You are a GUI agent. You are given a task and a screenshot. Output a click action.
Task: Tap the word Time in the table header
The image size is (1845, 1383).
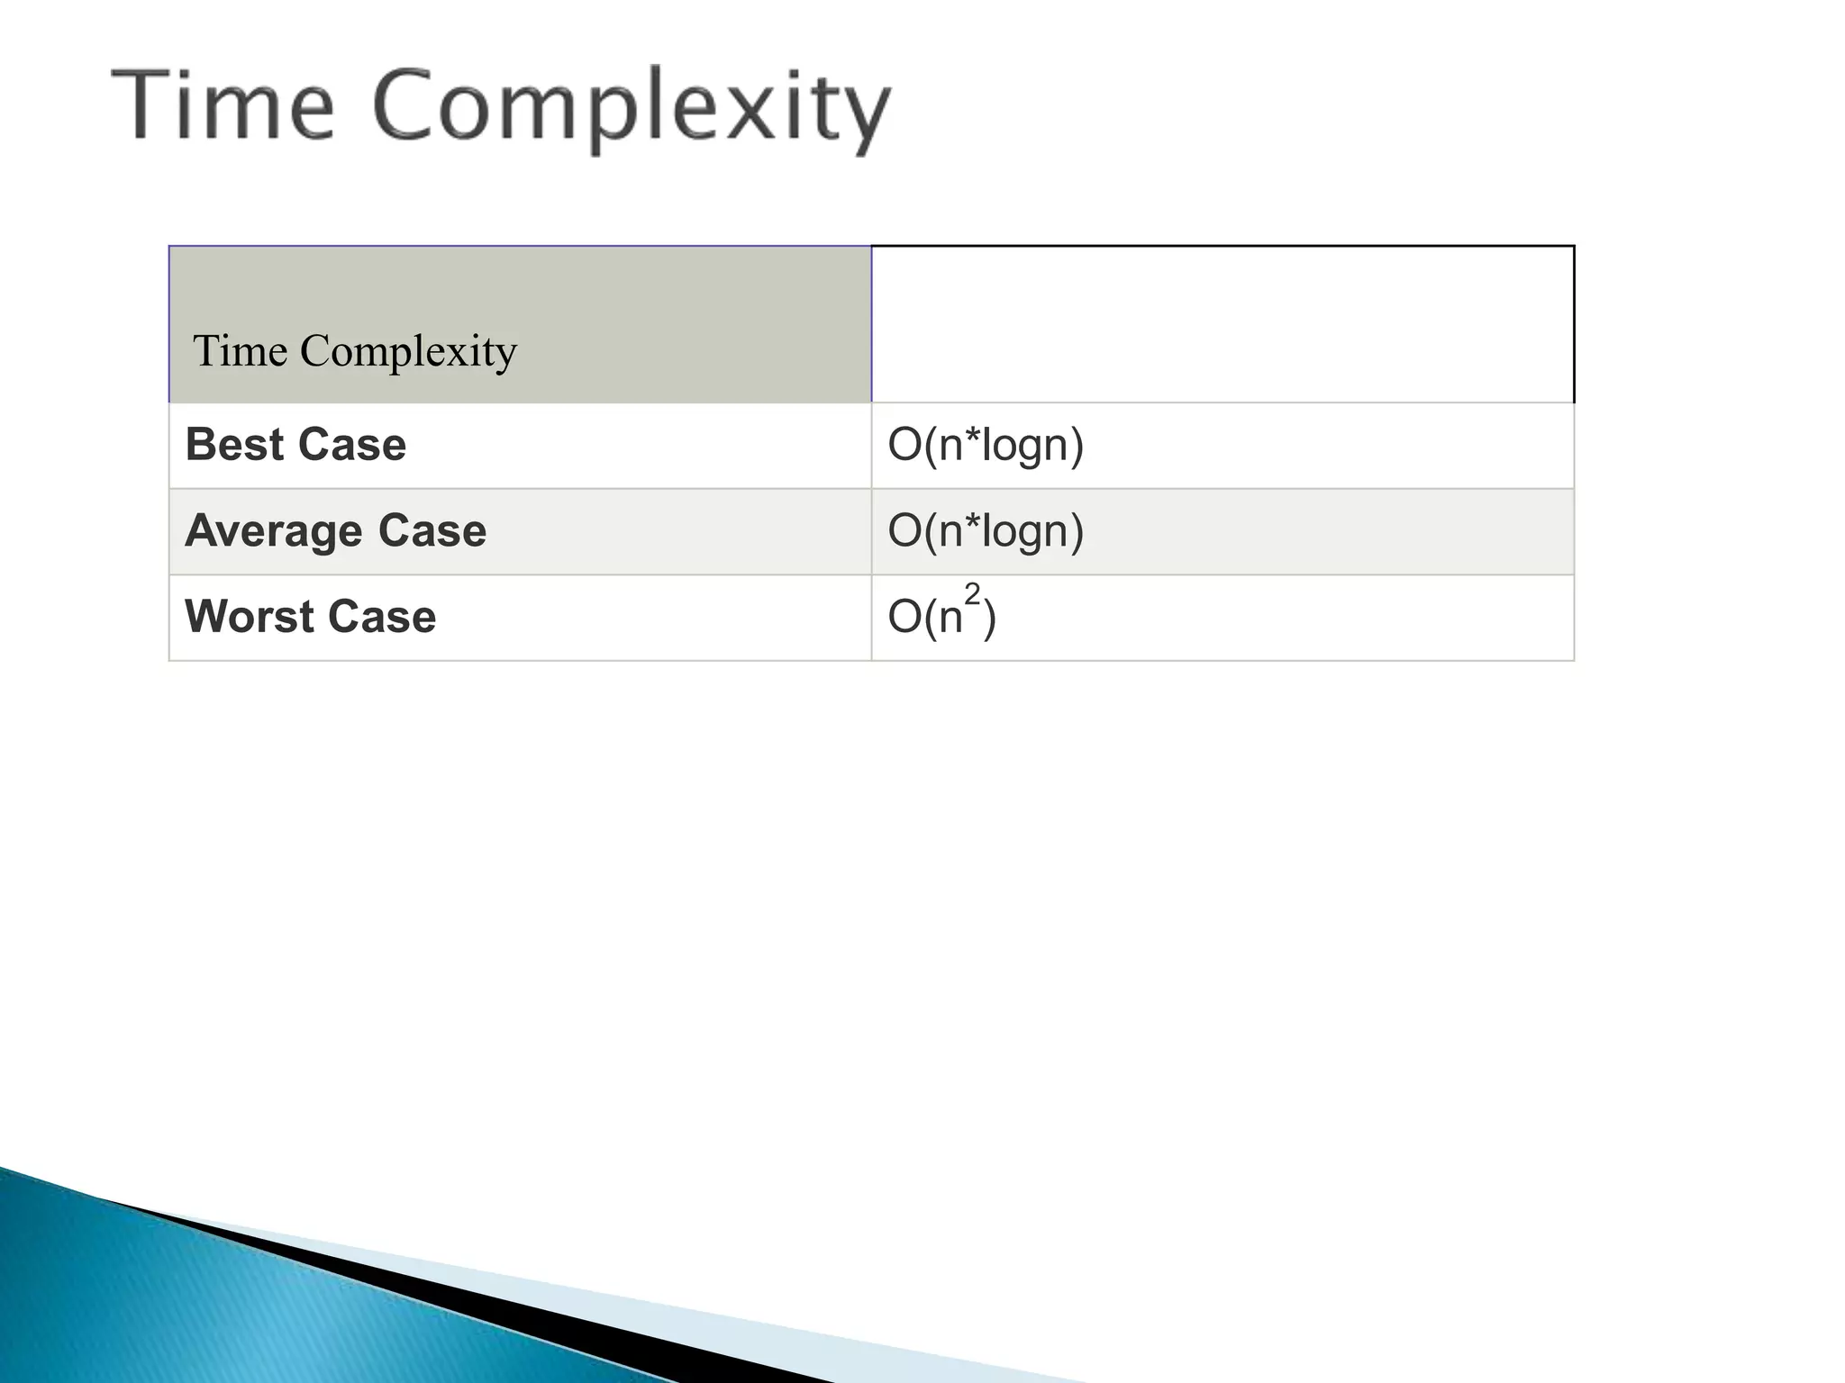[x=240, y=350]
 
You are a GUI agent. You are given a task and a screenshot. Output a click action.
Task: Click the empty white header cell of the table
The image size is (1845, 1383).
[x=1222, y=324]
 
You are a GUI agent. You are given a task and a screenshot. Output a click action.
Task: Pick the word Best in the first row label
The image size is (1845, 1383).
[x=234, y=445]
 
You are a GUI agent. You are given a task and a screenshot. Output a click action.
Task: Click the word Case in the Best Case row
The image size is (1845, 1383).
[x=351, y=445]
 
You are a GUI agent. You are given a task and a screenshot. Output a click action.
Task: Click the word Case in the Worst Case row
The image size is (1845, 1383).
[x=382, y=617]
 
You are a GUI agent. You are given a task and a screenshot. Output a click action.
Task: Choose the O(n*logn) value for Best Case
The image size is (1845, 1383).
[x=986, y=445]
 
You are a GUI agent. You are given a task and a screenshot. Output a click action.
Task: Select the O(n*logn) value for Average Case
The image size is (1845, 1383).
[x=986, y=530]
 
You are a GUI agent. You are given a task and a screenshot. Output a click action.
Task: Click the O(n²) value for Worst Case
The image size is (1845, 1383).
[x=941, y=617]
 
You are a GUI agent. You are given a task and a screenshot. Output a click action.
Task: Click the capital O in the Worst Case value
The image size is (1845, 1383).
[x=904, y=618]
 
